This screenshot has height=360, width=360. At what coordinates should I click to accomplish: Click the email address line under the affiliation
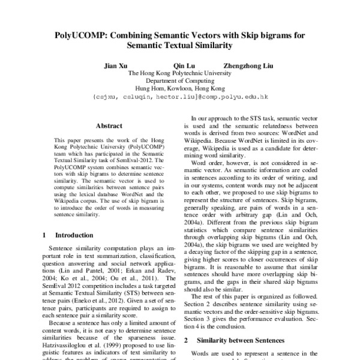click(180, 95)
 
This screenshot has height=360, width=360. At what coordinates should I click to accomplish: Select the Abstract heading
click(109, 126)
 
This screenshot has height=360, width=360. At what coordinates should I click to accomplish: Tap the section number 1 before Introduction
click(46, 235)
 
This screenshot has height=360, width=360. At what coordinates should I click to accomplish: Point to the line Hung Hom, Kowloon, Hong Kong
click(180, 88)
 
